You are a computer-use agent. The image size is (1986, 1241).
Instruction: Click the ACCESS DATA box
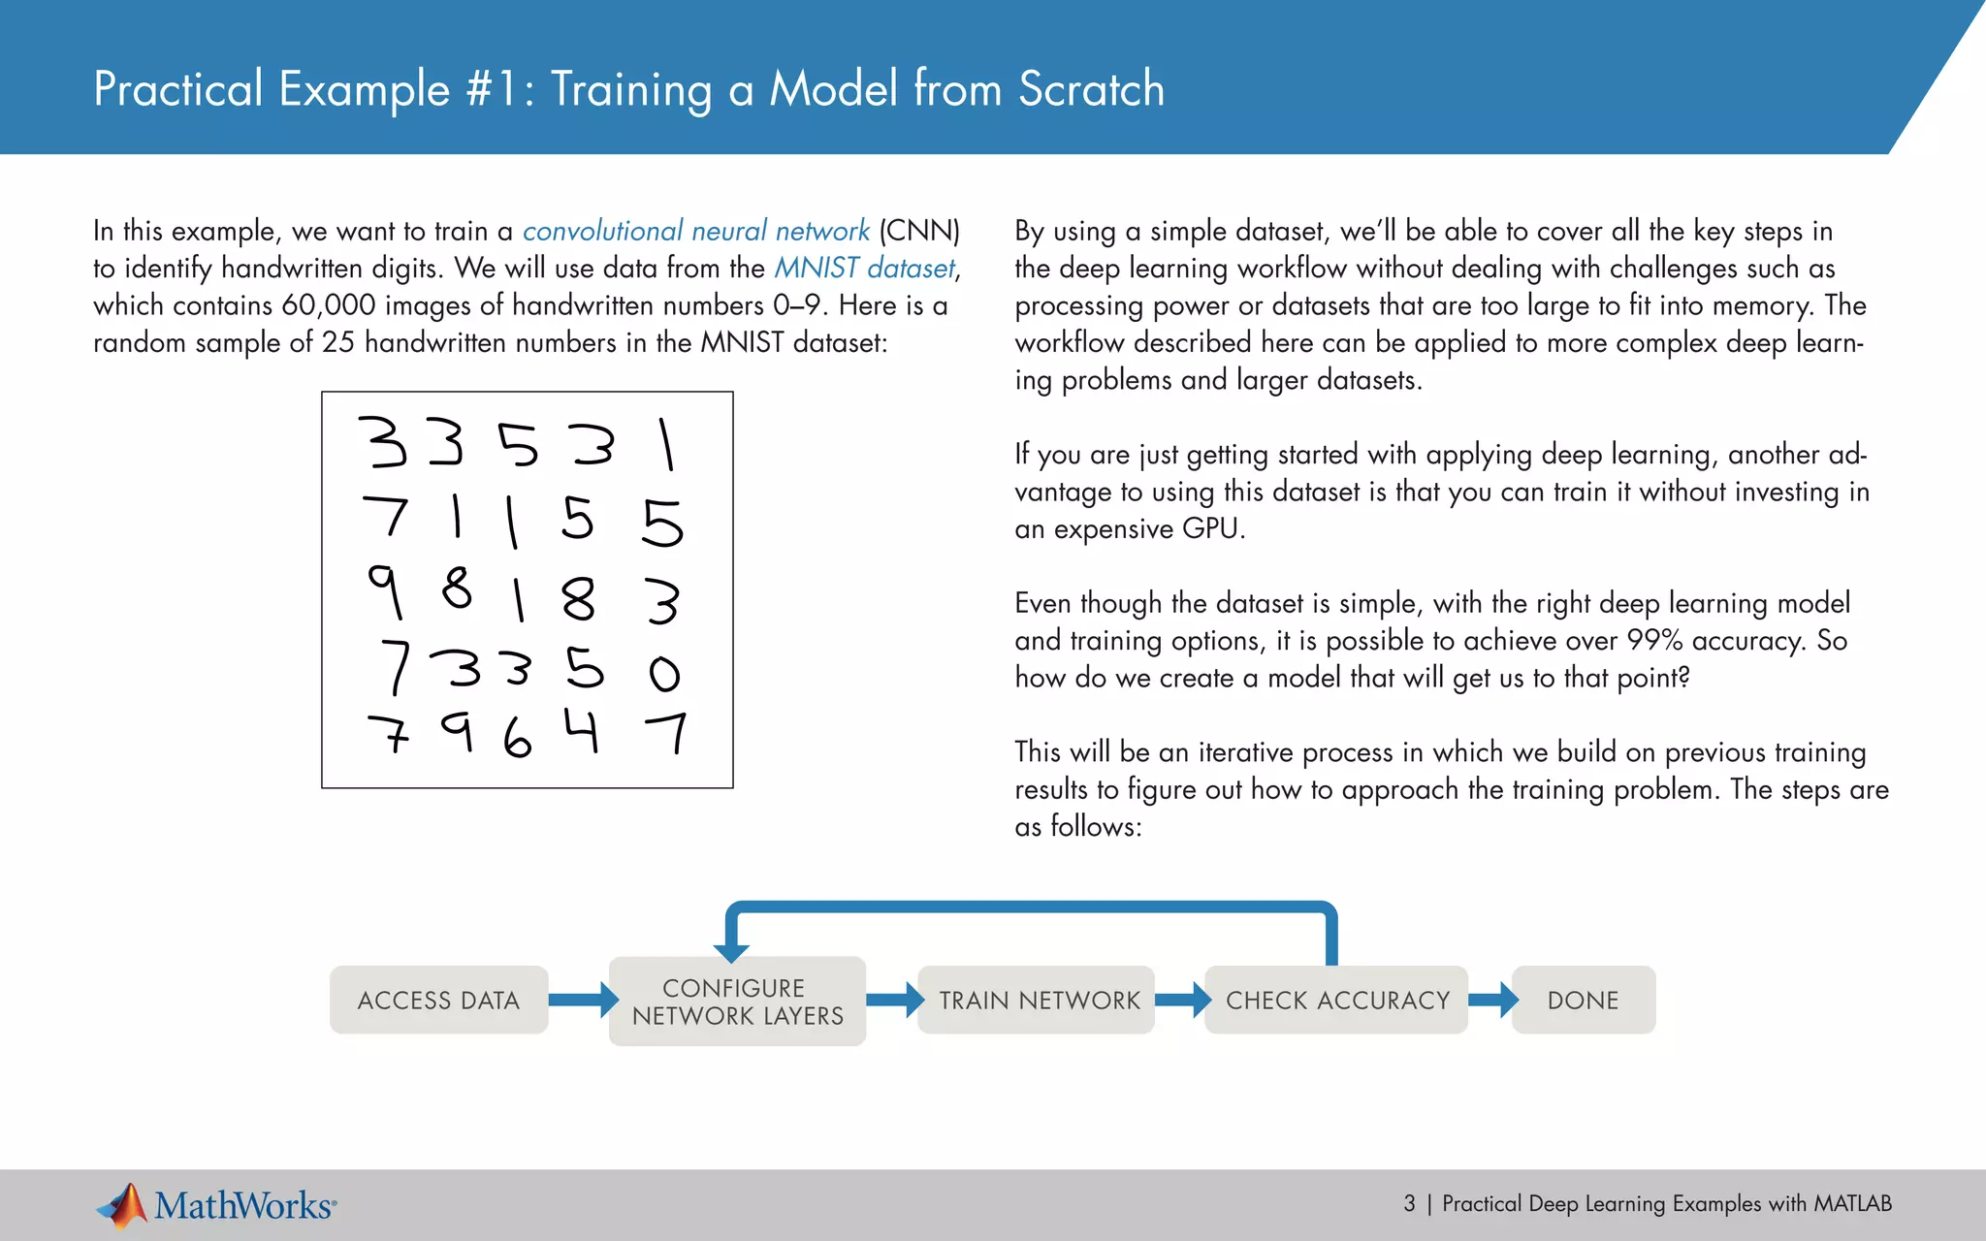pyautogui.click(x=438, y=1000)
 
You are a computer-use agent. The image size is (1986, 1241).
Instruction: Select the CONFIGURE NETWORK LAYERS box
pyautogui.click(x=737, y=1002)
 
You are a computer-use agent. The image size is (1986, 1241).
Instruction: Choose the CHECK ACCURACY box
pyautogui.click(x=1336, y=1000)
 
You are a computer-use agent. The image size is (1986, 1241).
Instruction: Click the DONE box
pyautogui.click(x=1583, y=1000)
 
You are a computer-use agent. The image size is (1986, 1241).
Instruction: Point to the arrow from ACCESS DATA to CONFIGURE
pyautogui.click(x=582, y=1000)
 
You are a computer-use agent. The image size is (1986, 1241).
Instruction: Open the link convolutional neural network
pyautogui.click(x=695, y=231)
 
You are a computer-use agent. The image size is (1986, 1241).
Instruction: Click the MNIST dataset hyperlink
pyautogui.click(x=865, y=268)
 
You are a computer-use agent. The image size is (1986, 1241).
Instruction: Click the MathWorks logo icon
pyautogui.click(x=123, y=1205)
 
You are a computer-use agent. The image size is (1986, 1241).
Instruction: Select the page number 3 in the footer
pyautogui.click(x=1409, y=1203)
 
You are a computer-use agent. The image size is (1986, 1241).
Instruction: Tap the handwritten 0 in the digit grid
pyautogui.click(x=664, y=673)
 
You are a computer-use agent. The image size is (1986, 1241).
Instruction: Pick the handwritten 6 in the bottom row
pyautogui.click(x=518, y=739)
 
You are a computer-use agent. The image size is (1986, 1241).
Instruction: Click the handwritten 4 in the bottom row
pyautogui.click(x=582, y=731)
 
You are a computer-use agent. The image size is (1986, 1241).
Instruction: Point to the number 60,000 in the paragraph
pyautogui.click(x=328, y=305)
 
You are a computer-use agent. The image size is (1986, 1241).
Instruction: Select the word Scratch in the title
pyautogui.click(x=1091, y=89)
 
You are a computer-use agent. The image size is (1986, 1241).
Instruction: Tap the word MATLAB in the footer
pyautogui.click(x=1852, y=1203)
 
